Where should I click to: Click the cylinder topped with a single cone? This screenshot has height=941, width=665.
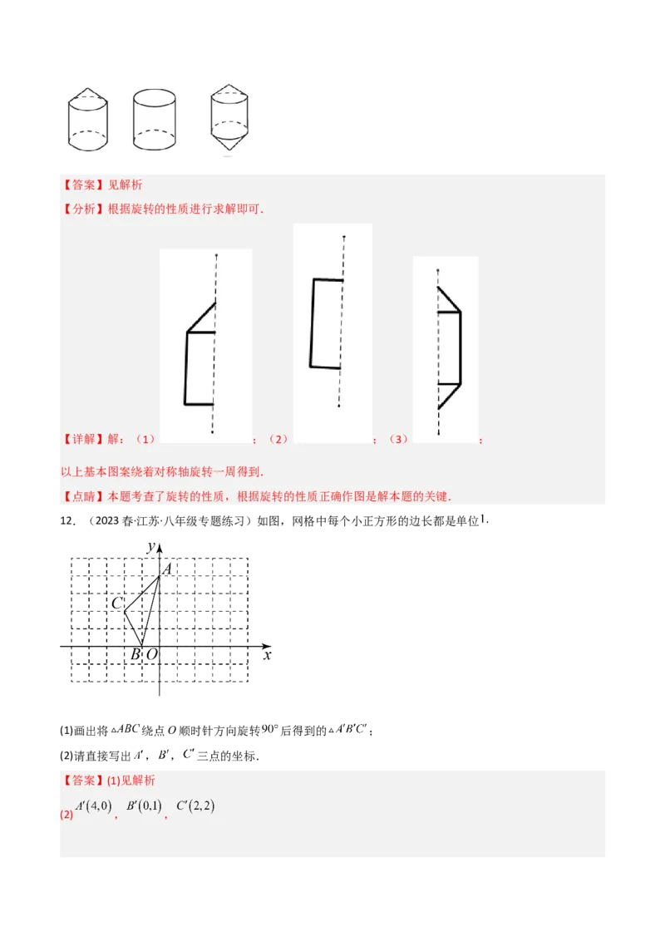coord(87,120)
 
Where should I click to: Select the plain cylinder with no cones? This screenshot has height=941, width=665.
coord(154,120)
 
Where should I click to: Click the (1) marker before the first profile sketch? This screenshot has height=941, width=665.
coord(145,439)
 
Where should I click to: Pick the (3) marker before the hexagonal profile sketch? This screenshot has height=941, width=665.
coord(400,439)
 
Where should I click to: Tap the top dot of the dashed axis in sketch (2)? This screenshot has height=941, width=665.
coord(343,238)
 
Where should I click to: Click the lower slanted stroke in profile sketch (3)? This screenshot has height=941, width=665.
coord(449,397)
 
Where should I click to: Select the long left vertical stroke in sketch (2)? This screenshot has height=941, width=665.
coord(312,323)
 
